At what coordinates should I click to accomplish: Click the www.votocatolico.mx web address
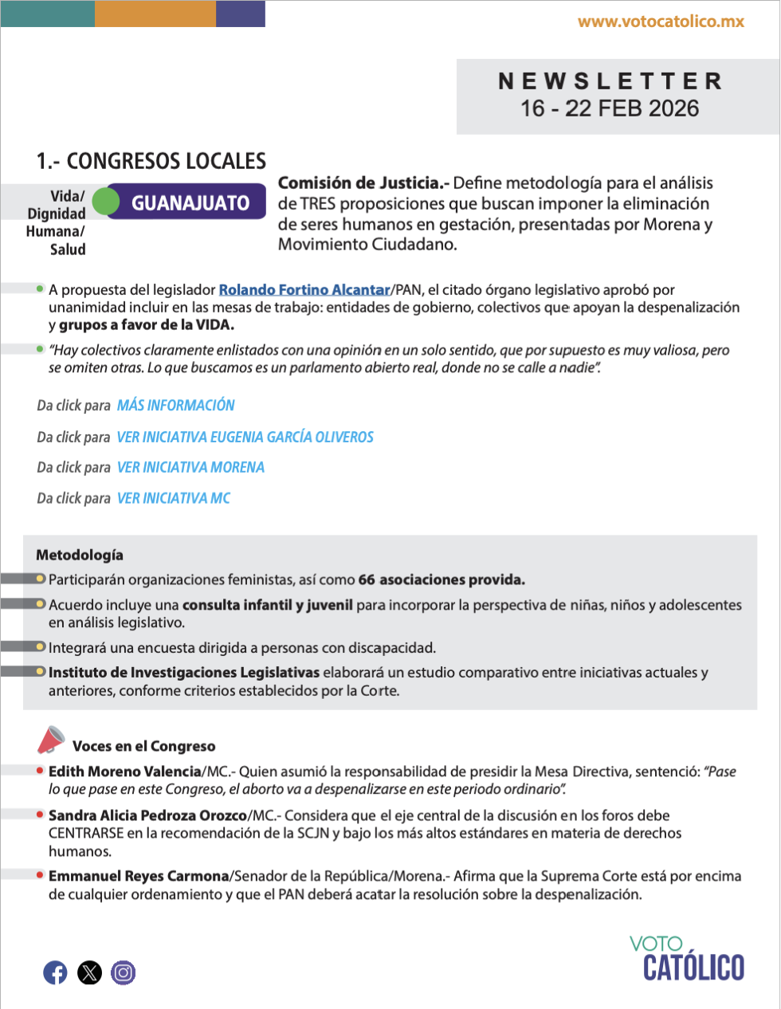(661, 22)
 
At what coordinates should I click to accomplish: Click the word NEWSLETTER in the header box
(610, 81)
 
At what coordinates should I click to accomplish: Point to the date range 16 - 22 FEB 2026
(610, 108)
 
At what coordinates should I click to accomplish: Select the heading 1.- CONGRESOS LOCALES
(151, 161)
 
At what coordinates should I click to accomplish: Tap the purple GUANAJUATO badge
(190, 202)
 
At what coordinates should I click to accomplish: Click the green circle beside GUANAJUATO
(105, 202)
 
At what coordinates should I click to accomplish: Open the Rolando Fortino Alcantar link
(304, 290)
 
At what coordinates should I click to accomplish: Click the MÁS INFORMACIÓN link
(176, 405)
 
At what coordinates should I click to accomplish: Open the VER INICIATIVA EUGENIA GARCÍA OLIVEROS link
(245, 437)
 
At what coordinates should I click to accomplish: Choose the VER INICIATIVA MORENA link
(190, 467)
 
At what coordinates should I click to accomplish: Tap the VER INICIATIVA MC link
(174, 498)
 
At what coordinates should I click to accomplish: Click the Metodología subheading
(80, 555)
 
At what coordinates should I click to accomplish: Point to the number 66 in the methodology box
(367, 579)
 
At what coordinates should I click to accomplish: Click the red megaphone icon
(51, 740)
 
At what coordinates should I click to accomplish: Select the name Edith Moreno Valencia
(124, 771)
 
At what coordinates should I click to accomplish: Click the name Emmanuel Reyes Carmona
(139, 876)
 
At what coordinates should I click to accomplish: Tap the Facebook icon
(55, 972)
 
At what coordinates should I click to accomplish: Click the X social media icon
(89, 972)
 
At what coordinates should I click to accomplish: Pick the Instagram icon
(123, 972)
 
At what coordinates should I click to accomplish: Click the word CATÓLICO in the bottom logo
(693, 968)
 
